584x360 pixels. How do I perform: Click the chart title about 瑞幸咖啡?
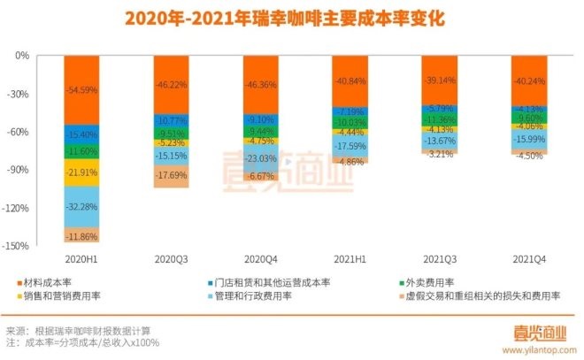(x=291, y=18)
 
